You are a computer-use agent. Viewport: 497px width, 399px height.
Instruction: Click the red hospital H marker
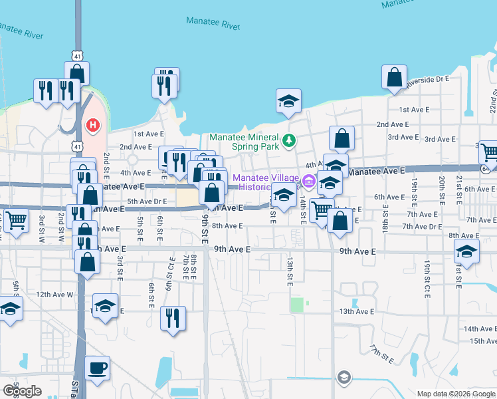[x=94, y=124]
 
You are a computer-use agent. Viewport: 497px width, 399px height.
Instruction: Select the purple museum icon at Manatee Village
[x=308, y=180]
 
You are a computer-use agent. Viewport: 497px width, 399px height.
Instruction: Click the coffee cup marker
[x=98, y=368]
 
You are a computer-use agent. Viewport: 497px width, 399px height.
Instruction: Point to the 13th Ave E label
[x=357, y=311]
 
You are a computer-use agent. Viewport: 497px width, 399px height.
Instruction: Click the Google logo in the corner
[x=22, y=391]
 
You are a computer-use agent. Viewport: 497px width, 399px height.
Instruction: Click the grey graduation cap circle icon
[x=343, y=378]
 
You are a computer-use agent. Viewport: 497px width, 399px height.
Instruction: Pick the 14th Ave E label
[x=480, y=329]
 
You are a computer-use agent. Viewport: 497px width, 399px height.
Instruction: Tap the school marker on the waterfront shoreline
[x=289, y=101]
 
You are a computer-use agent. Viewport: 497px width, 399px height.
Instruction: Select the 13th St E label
[x=290, y=273]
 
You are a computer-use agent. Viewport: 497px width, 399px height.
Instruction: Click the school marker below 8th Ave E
[x=466, y=252]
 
